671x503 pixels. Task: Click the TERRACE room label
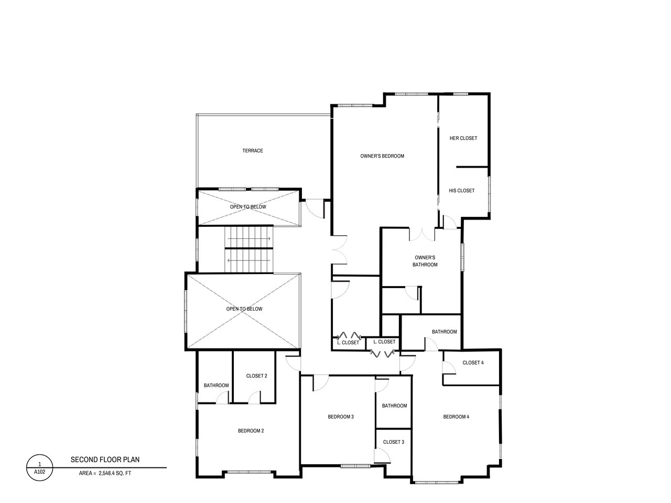tap(253, 150)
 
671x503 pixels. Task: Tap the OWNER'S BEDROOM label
tap(382, 156)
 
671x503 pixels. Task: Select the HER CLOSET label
tap(463, 138)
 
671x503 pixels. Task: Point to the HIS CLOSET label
tap(462, 191)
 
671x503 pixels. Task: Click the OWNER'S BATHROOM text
tap(425, 261)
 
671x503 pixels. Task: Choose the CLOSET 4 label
tap(473, 363)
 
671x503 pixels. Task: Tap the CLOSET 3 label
tap(394, 442)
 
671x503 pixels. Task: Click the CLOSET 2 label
tap(256, 376)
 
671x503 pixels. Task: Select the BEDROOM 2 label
tap(251, 431)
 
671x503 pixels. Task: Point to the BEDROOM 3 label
tap(341, 417)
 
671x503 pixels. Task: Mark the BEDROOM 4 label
tap(456, 417)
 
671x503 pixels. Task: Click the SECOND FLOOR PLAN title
tap(105, 460)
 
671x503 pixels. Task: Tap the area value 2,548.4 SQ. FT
tap(115, 473)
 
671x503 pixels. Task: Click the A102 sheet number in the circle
tap(40, 472)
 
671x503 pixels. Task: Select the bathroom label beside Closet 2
tap(216, 386)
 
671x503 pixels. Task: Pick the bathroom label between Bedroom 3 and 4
tap(394, 406)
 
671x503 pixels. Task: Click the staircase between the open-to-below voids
tap(249, 249)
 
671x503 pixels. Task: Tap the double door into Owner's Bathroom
tap(422, 235)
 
